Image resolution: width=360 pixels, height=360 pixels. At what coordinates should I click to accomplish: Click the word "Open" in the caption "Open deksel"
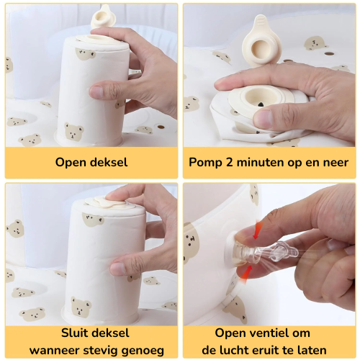(x=71, y=163)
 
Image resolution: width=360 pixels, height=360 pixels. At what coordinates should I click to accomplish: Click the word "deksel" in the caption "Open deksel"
(x=109, y=162)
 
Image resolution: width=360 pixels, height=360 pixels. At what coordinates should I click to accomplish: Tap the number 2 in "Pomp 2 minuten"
(x=229, y=163)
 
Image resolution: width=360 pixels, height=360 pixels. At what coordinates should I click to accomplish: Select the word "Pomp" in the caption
(x=205, y=163)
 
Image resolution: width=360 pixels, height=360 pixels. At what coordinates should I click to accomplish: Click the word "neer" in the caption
(x=336, y=163)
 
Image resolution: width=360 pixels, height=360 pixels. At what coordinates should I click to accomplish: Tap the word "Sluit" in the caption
(x=76, y=333)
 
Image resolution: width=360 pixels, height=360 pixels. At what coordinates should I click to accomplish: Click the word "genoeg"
(x=143, y=351)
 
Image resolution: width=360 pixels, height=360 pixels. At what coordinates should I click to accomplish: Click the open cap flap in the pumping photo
(x=261, y=41)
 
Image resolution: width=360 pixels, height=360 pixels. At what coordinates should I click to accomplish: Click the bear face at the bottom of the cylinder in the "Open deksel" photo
(x=73, y=131)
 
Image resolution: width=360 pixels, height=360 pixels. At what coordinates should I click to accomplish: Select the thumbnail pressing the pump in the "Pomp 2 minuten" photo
(x=263, y=118)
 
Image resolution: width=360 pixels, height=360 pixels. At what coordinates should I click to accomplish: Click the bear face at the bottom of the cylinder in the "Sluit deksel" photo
(x=81, y=307)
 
